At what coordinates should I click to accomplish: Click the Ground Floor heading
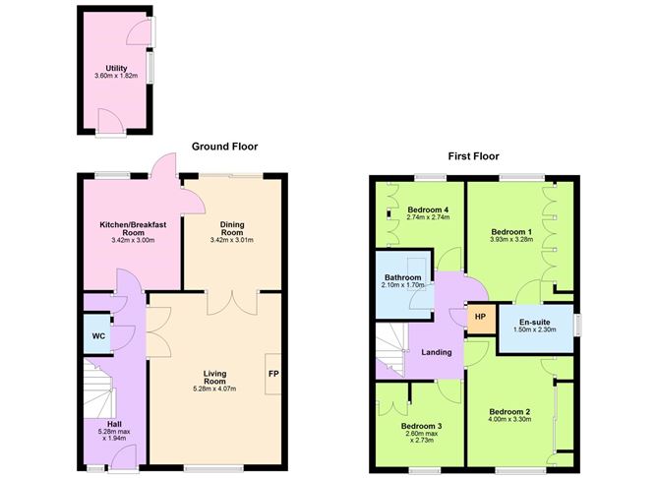[224, 147]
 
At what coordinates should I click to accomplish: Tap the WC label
[98, 336]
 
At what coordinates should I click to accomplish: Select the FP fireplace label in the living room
[272, 374]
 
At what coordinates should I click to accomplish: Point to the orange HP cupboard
[481, 317]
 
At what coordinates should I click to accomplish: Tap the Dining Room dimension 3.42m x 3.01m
[231, 239]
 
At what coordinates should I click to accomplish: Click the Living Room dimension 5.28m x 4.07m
[214, 388]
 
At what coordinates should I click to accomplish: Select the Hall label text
[114, 425]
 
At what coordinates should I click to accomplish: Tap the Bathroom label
[404, 278]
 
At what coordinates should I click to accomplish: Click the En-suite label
[537, 322]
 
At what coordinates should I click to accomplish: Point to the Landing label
[436, 352]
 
